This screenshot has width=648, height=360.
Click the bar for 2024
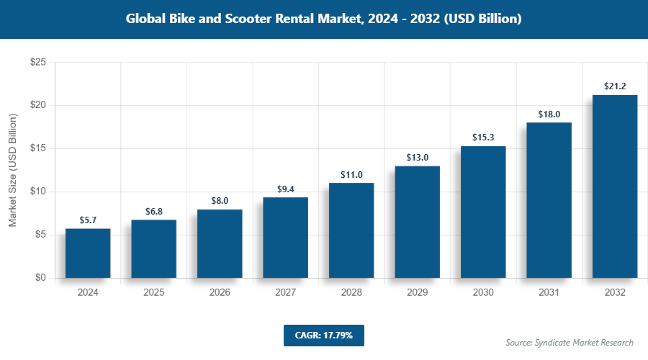pos(88,253)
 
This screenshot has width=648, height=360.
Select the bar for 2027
pos(285,238)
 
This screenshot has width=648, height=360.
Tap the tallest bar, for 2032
pos(615,186)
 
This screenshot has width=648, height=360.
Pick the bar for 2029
pos(417,222)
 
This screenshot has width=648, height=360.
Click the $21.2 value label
pos(615,86)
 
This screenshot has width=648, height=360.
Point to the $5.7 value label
pos(88,220)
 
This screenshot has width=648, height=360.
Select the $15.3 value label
pos(483,137)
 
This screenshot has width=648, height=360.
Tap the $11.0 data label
pos(351,174)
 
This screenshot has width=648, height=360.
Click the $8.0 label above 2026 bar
pos(220,201)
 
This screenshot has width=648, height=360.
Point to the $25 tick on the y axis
pos(37,63)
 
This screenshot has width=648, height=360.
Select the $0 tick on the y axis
pos(40,278)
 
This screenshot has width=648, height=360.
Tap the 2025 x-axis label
pos(153,293)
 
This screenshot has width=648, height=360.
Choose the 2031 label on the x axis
pos(549,293)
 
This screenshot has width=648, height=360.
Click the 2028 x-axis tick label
pos(351,293)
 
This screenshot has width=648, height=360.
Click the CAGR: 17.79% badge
pos(323,335)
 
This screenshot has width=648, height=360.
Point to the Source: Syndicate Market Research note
pos(569,343)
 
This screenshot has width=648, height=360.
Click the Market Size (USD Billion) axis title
pos(13,171)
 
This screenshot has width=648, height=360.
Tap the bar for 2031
pos(549,200)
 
